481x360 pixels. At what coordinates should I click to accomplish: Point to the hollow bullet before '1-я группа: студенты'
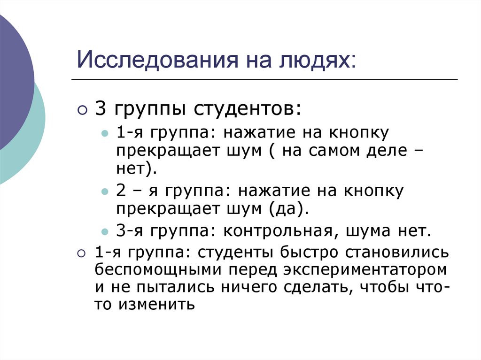click(x=82, y=253)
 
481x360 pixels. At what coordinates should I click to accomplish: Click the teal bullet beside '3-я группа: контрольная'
click(x=105, y=232)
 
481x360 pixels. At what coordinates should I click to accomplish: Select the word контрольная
click(x=281, y=231)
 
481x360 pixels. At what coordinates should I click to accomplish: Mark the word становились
click(x=398, y=252)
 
